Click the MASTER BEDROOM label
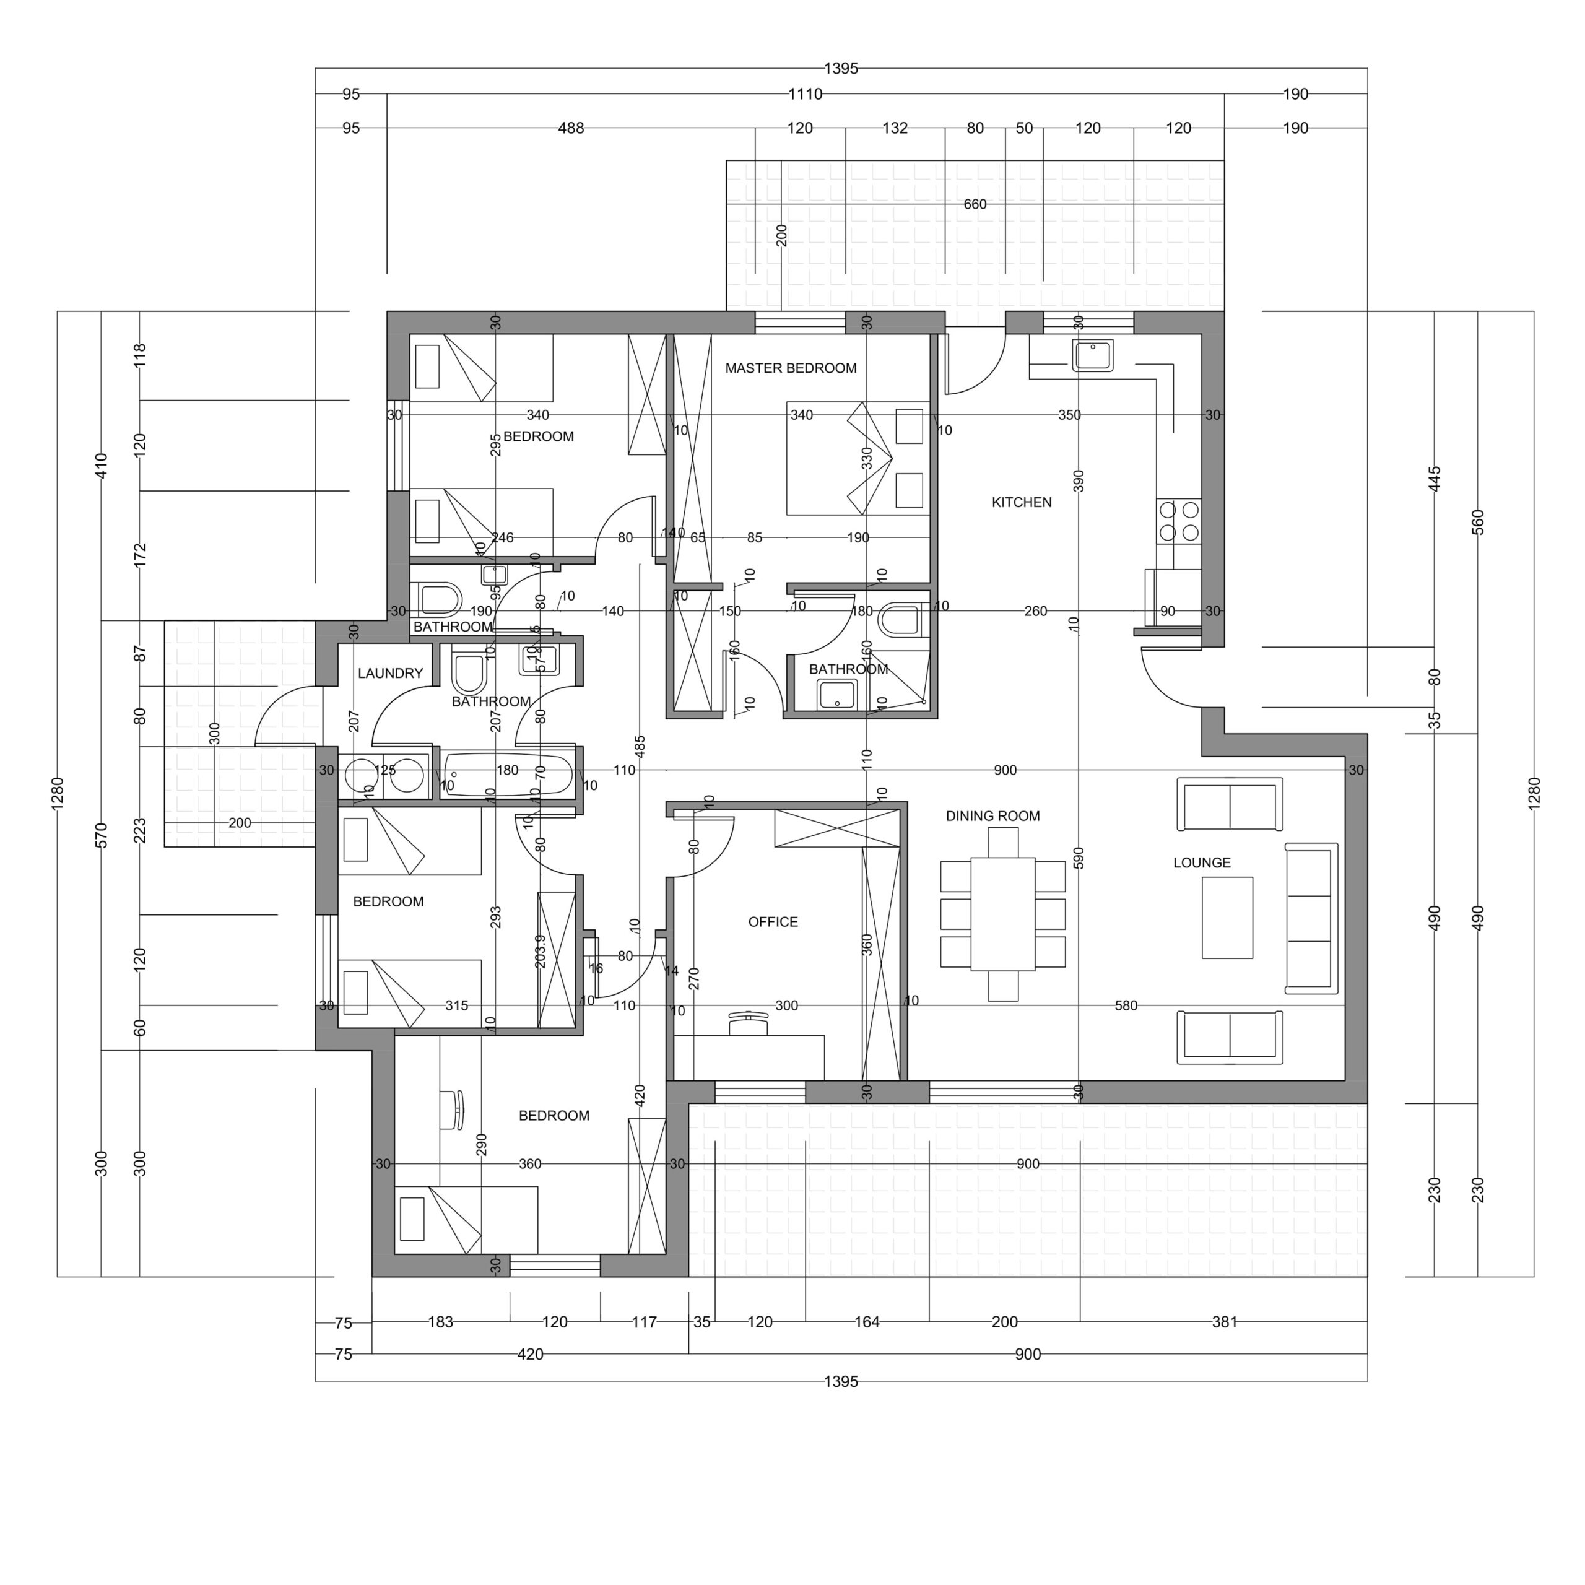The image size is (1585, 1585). [790, 368]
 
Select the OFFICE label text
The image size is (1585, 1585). [772, 921]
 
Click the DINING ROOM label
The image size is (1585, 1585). [992, 815]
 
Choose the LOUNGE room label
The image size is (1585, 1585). [1201, 862]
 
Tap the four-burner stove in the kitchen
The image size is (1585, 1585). [1178, 521]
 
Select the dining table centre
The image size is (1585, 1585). [1002, 914]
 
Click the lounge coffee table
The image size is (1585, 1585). [1227, 917]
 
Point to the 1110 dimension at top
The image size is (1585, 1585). [805, 94]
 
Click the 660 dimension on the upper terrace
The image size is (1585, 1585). [974, 204]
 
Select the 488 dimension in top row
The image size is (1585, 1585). [570, 128]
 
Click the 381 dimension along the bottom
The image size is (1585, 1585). [1223, 1322]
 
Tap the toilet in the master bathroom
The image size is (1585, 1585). [900, 621]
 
